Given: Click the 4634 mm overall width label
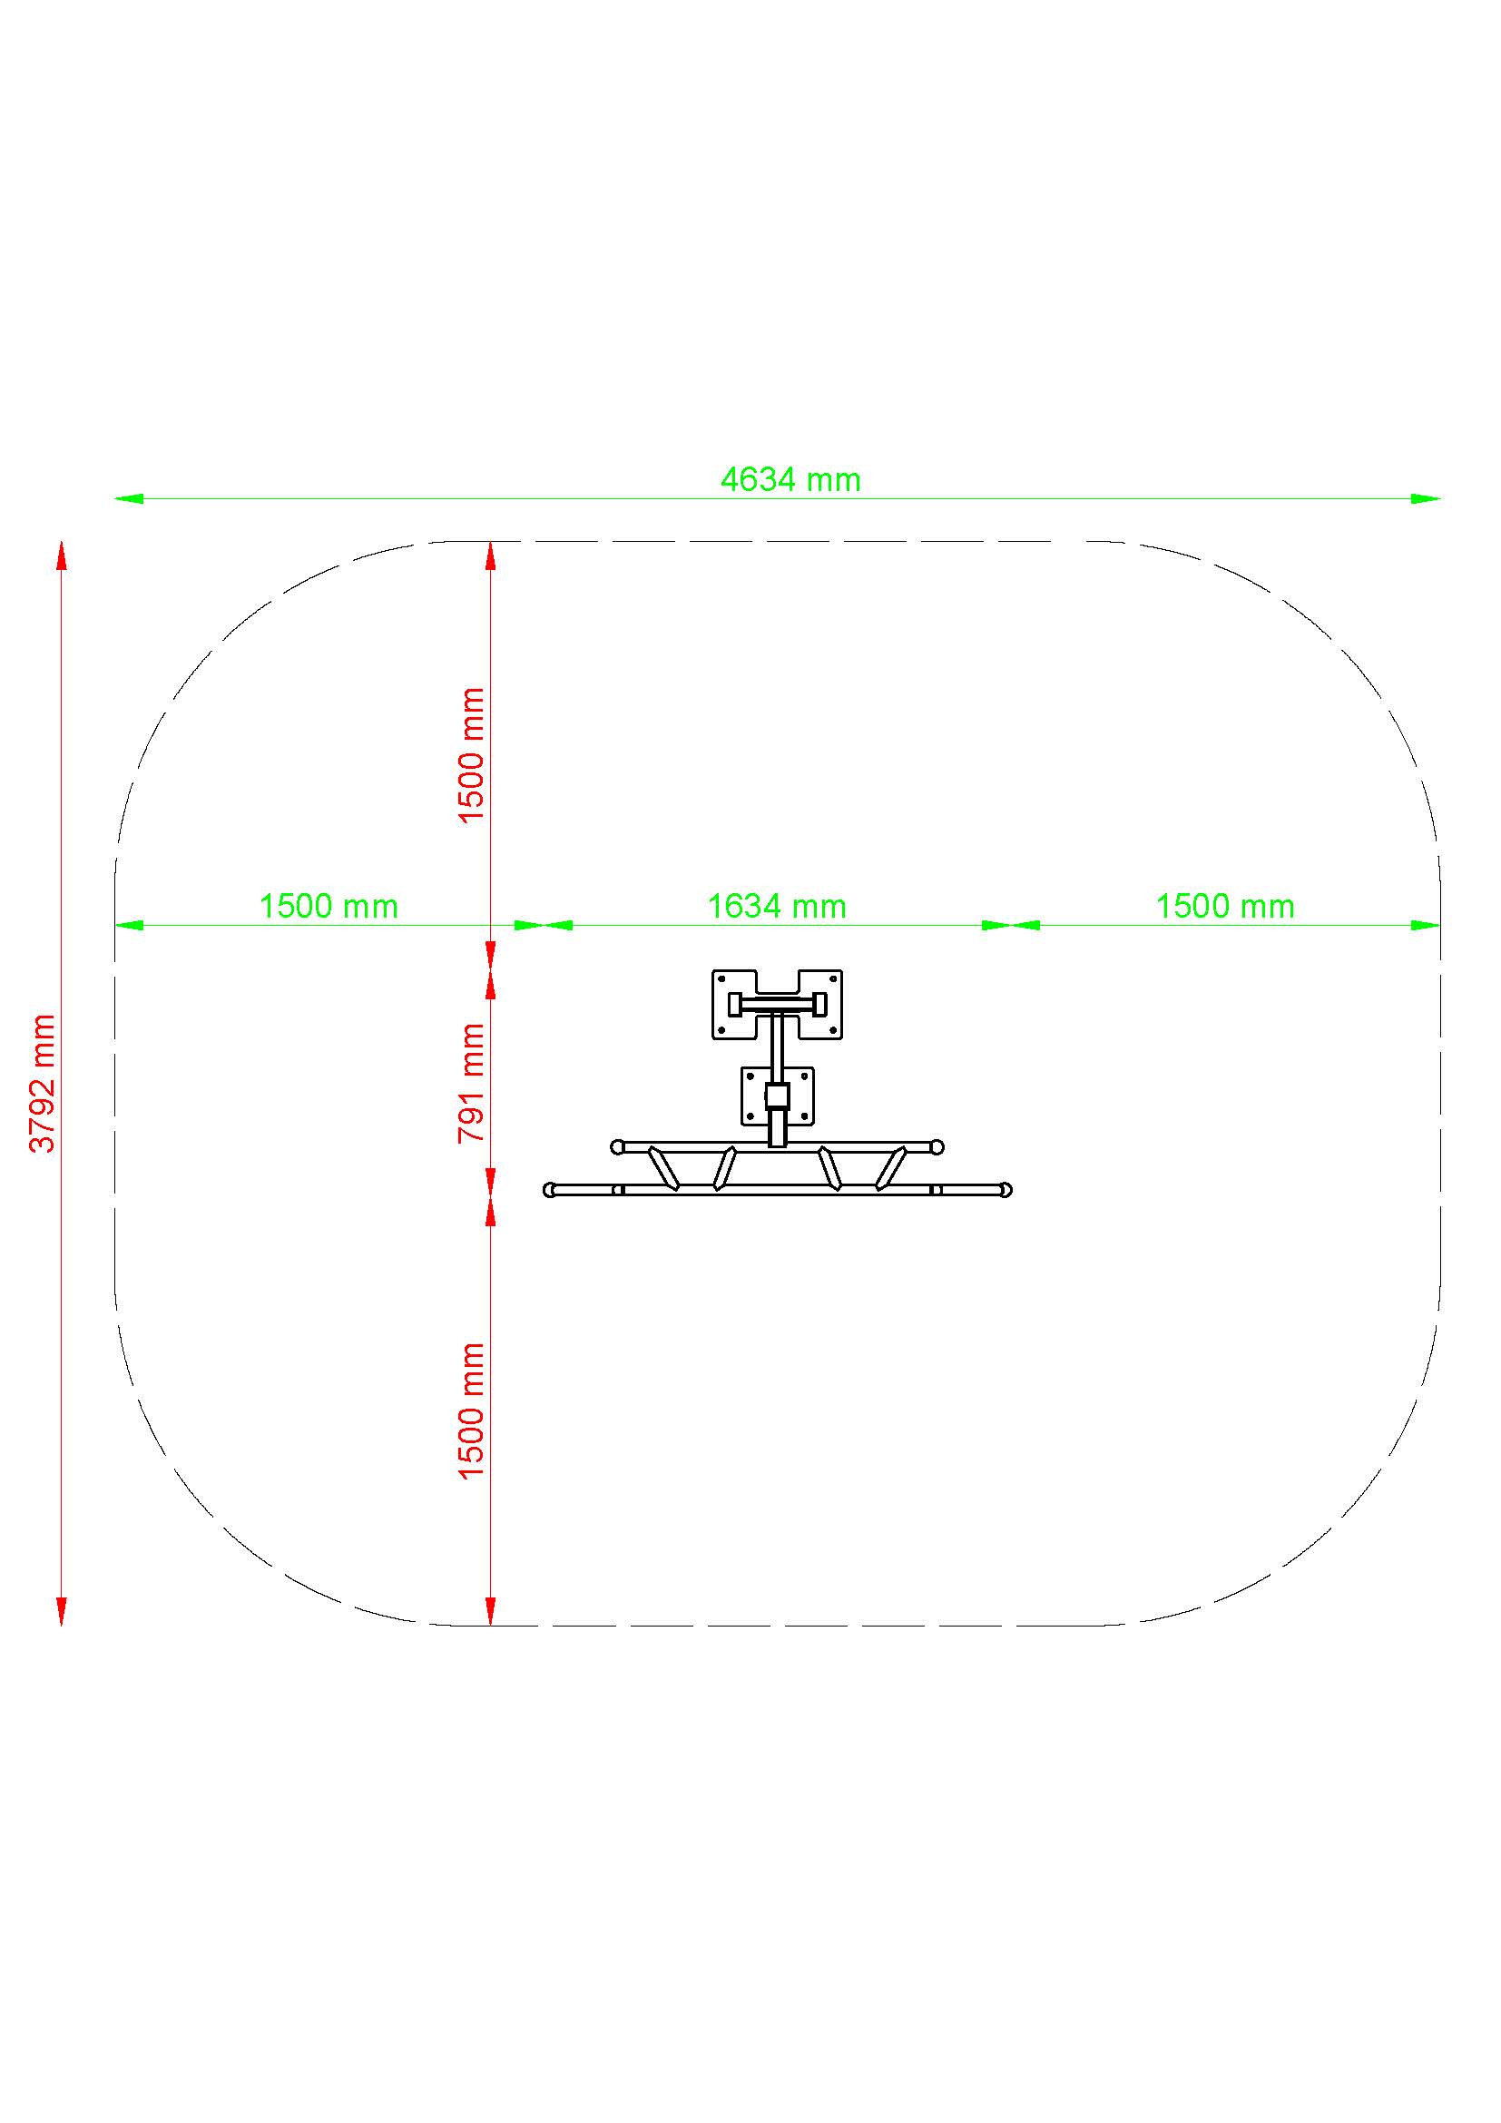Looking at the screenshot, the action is [790, 480].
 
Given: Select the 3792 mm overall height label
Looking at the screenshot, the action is [43, 1083].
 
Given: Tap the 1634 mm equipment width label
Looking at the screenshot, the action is [777, 906].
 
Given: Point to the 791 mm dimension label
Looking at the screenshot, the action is [471, 1083].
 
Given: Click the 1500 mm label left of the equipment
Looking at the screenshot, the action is [329, 906].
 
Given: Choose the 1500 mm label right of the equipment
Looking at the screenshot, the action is [1224, 906].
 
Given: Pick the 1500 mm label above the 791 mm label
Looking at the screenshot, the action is [471, 755].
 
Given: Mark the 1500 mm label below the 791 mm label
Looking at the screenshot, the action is [471, 1412].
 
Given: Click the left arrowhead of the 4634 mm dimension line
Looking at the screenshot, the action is [130, 498].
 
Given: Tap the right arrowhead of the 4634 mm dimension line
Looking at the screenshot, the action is [1425, 498].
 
